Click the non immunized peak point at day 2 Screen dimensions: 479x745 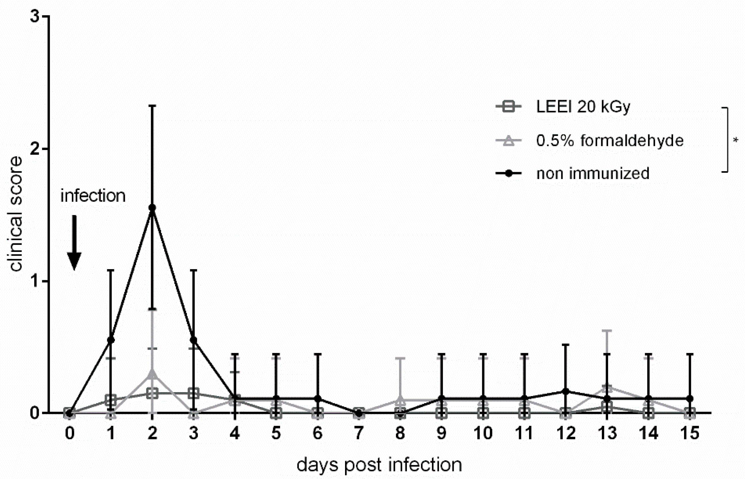click(x=152, y=208)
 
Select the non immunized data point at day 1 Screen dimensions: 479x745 click(x=111, y=340)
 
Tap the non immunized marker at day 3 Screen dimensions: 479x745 click(x=194, y=340)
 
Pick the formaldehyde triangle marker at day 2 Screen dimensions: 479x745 click(x=152, y=374)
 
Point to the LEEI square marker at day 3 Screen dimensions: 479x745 click(x=194, y=393)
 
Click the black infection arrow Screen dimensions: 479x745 click(x=74, y=243)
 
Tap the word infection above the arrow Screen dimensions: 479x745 click(x=93, y=196)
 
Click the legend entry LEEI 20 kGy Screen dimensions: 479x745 click(x=583, y=107)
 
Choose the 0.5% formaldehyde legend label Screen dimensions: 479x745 click(x=610, y=140)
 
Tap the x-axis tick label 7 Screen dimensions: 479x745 click(x=359, y=433)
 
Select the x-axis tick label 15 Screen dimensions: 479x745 click(x=690, y=433)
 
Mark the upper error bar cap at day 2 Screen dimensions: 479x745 click(x=152, y=106)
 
